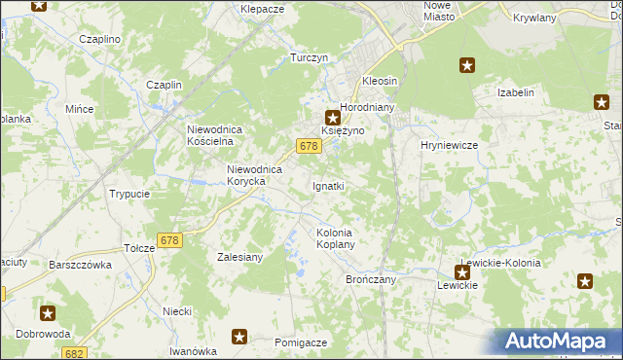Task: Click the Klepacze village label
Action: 262,8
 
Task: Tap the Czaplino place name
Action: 99,39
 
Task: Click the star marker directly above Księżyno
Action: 332,117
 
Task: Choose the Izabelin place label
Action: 517,92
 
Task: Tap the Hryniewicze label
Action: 447,144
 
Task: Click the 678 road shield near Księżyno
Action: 309,146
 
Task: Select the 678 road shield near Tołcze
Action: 169,240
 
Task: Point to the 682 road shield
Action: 75,353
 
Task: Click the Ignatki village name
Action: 328,185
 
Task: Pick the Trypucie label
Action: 129,194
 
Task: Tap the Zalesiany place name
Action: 238,258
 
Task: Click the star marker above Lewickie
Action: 462,272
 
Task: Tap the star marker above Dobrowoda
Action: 48,313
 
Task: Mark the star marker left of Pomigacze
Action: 239,337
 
